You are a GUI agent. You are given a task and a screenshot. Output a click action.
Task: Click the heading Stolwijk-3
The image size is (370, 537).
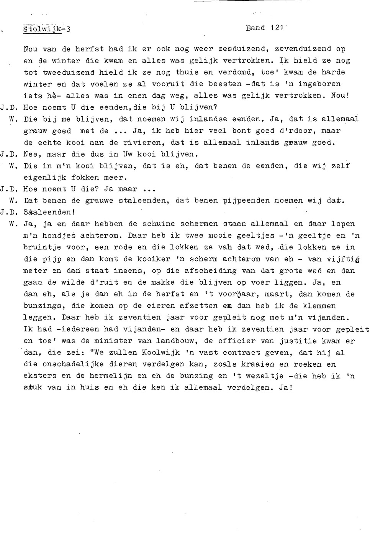(x=47, y=30)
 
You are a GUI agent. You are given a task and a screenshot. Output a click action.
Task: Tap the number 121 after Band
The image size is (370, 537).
(x=276, y=28)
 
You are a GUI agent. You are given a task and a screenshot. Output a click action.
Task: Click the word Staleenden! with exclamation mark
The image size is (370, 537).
(x=49, y=212)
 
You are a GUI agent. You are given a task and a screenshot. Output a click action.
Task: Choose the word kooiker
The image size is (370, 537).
(x=153, y=259)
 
